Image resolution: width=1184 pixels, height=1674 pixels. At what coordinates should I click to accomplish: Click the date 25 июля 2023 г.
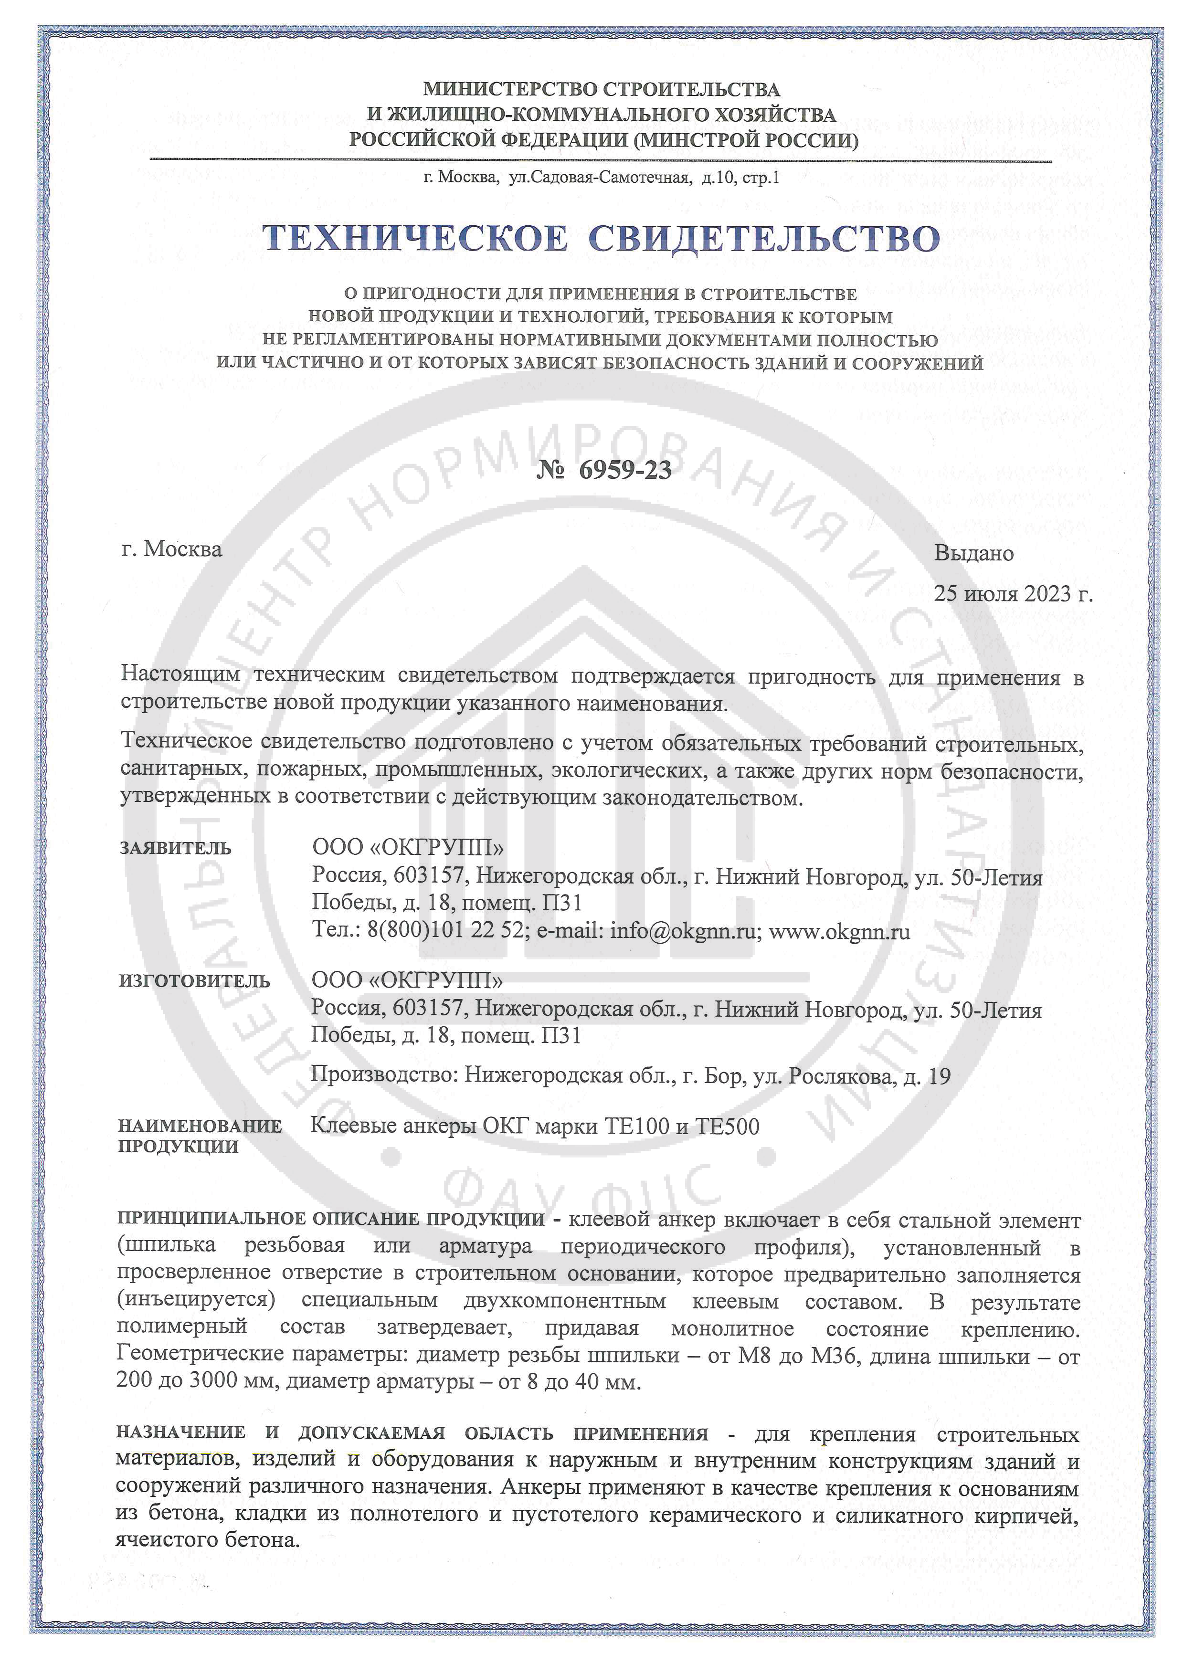1014,593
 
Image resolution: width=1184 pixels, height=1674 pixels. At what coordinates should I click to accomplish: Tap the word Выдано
974,553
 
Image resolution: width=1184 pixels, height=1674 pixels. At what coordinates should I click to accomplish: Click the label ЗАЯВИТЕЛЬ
175,848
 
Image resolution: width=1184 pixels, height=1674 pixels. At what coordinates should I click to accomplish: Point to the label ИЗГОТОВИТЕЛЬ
194,981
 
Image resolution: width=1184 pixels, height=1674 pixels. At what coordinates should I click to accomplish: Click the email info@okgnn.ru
682,931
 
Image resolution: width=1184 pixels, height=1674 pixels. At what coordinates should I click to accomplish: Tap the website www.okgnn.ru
839,931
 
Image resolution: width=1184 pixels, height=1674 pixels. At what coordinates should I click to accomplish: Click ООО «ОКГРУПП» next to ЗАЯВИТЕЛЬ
408,847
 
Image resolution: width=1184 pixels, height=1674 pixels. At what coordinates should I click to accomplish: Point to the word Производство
384,1075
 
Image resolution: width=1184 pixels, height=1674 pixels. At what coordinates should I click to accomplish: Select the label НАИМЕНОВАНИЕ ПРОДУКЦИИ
200,1136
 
